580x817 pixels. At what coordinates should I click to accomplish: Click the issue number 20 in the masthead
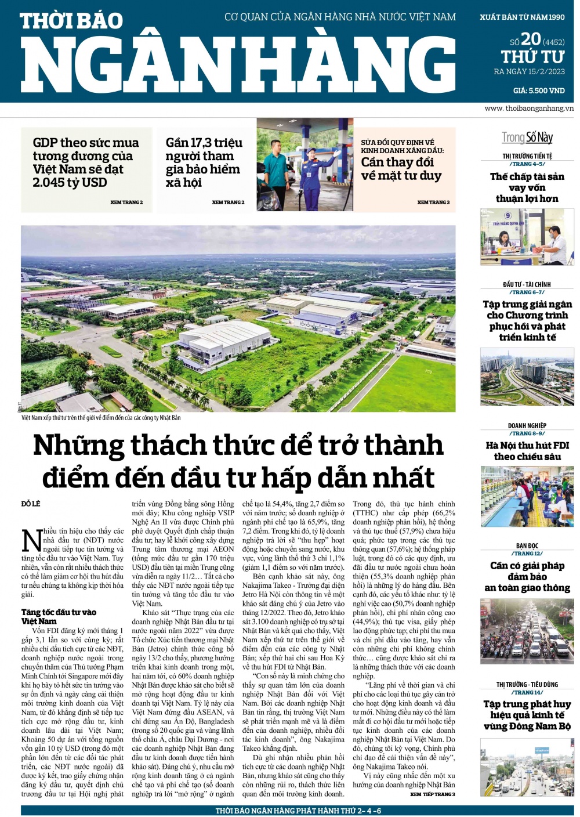pos(531,39)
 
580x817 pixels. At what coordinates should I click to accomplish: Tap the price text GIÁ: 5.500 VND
pos(539,91)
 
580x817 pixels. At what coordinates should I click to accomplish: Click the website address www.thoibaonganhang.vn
pos(529,109)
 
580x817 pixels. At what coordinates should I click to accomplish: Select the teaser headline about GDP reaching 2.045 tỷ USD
pos(85,162)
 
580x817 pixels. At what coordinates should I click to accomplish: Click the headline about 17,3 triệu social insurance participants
pos(203,162)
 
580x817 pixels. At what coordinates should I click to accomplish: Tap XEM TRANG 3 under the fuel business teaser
pos(433,203)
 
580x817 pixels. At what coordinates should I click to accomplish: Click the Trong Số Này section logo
pos(527,138)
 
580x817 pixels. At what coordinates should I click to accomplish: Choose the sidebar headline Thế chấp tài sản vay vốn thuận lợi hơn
pos(527,187)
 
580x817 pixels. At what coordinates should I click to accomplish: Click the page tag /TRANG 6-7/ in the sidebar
pos(527,292)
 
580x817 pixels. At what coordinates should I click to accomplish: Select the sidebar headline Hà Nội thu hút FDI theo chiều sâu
pos(527,451)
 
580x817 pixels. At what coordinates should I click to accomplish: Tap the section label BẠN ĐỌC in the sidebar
pos(527,546)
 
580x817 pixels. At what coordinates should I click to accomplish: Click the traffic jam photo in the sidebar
pos(527,632)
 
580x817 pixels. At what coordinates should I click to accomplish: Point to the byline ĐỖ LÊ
pos(31,504)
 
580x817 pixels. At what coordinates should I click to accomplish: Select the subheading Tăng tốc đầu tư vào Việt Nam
pos(59,616)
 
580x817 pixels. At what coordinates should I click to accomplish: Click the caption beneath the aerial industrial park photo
pos(101,418)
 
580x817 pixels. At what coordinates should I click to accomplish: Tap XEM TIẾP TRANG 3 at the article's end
pos(433,794)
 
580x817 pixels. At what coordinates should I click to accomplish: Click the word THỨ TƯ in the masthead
pos(532,57)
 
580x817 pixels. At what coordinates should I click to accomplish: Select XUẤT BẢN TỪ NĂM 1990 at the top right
pos(522,17)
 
